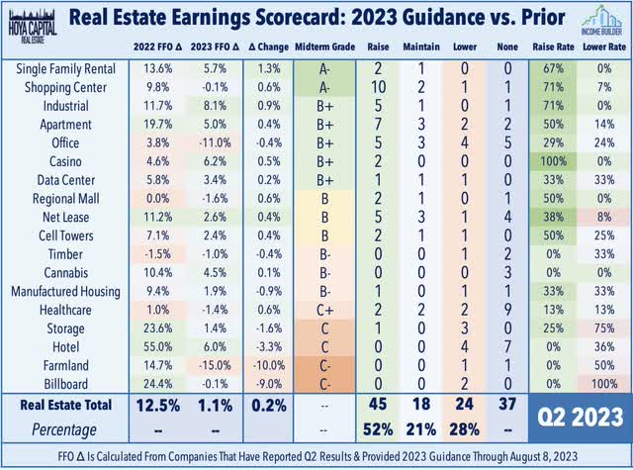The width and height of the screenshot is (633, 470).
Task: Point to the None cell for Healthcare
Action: [x=507, y=310]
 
